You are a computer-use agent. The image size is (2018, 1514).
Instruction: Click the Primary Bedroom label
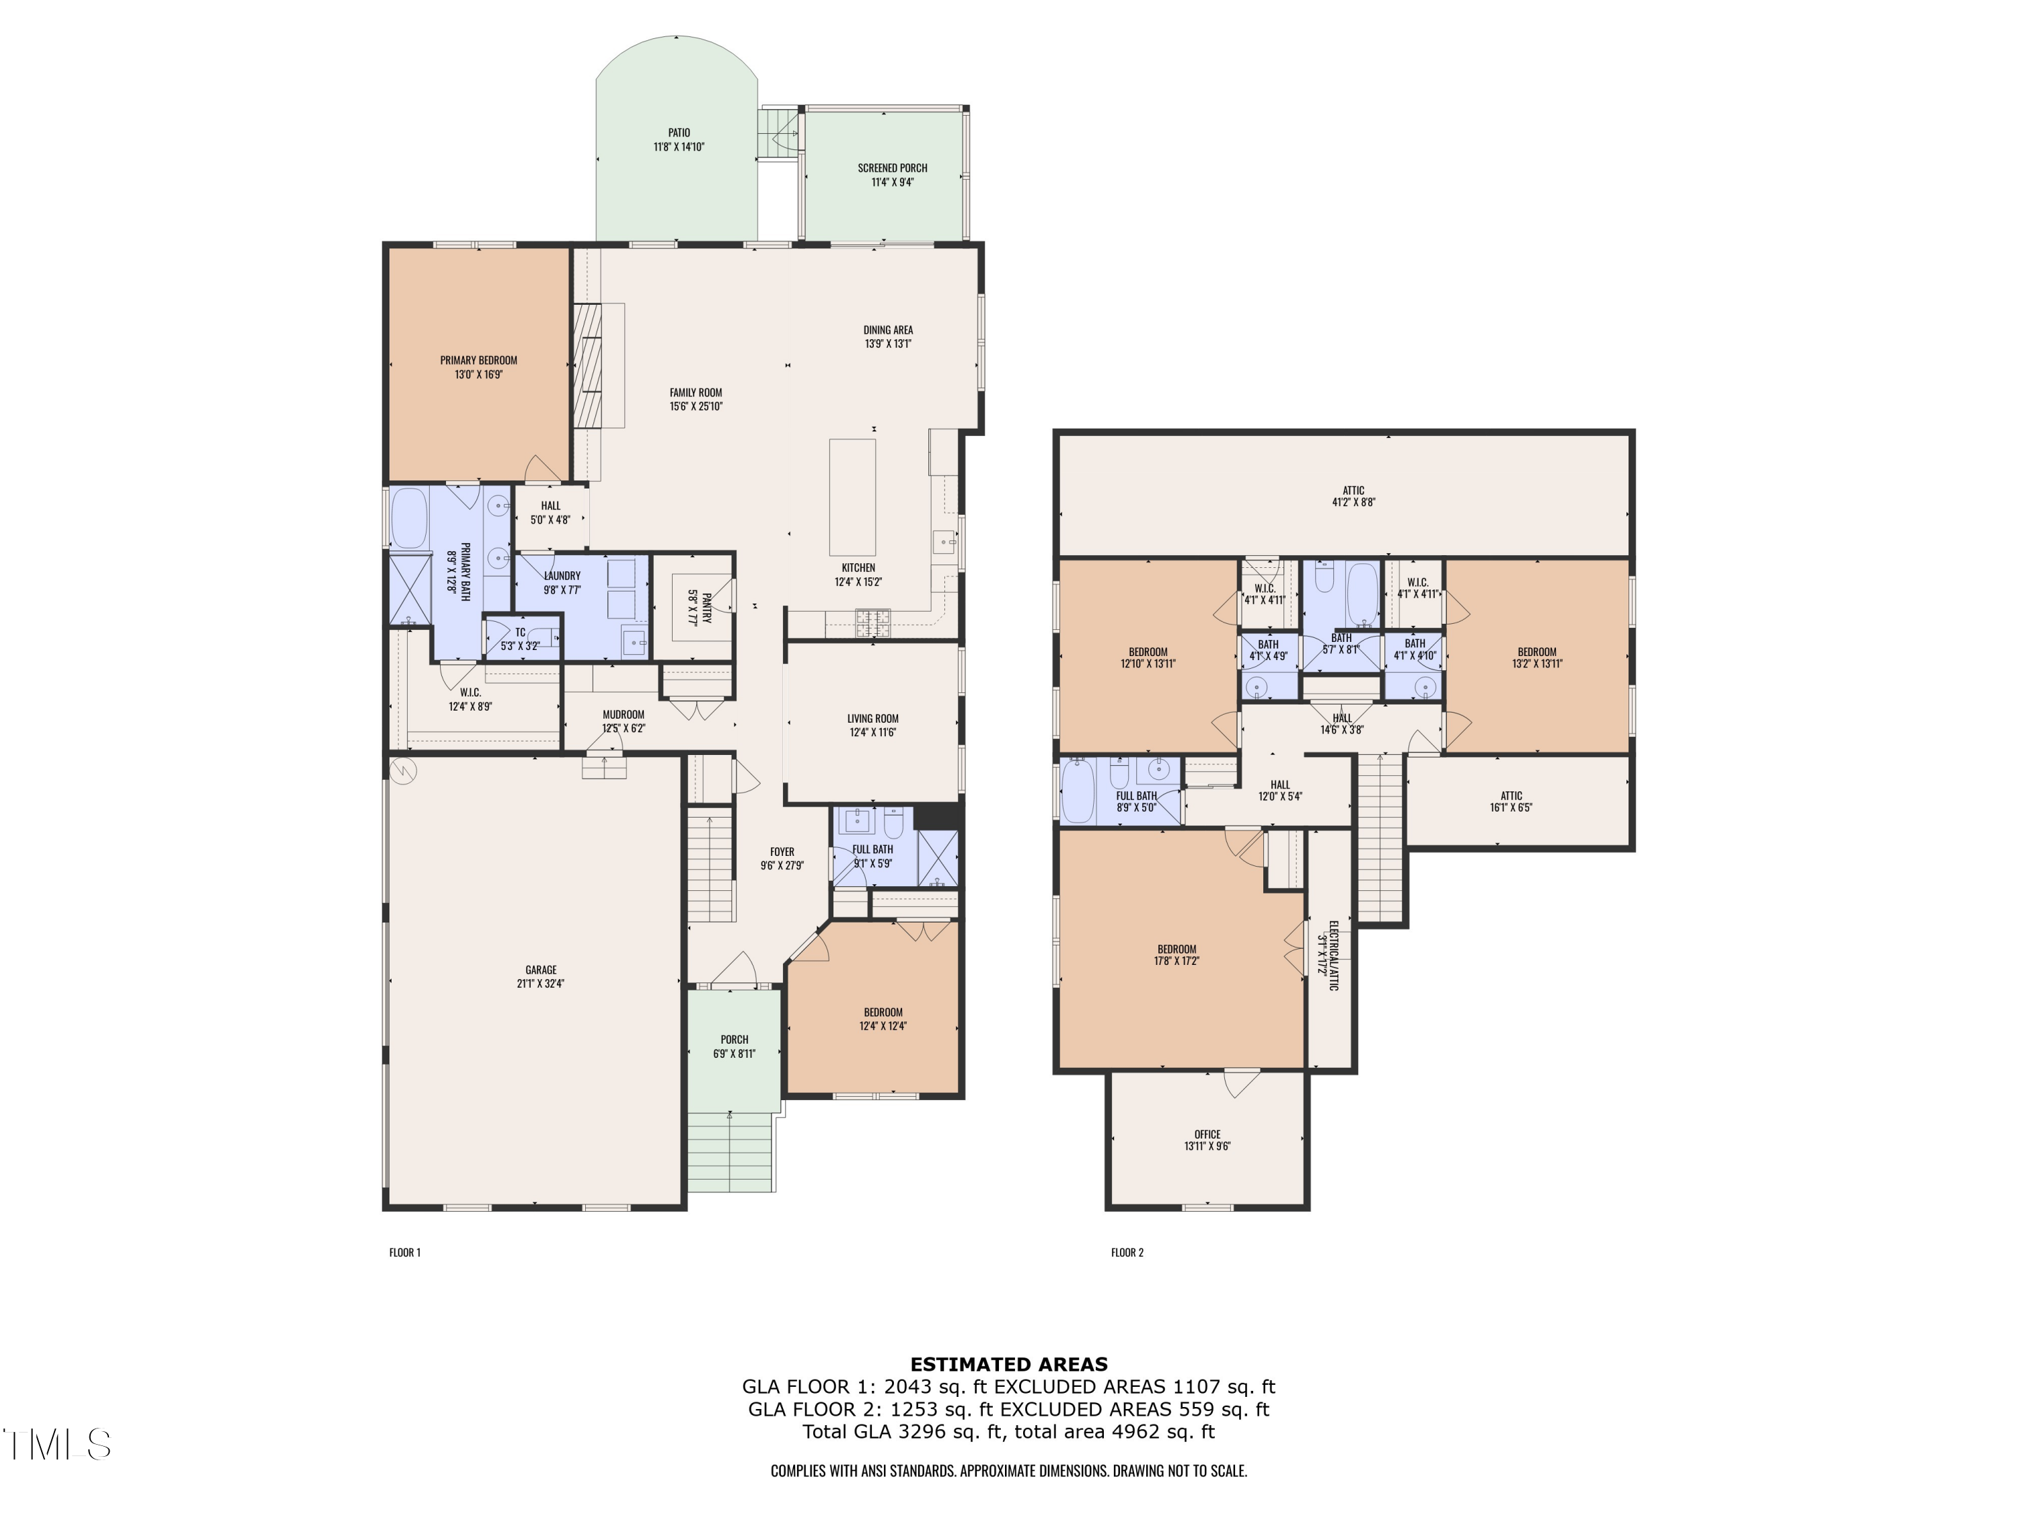(478, 361)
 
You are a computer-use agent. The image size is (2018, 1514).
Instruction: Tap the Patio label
(679, 133)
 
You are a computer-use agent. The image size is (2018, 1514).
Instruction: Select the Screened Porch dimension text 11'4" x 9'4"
(892, 182)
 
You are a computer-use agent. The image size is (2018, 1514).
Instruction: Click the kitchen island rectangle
(852, 497)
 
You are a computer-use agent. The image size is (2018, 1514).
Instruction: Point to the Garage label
(541, 970)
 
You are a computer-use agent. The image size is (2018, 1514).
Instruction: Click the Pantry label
(706, 607)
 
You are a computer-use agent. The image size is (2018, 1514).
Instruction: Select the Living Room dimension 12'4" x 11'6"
(873, 732)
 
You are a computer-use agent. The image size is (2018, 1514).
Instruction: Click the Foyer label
(782, 851)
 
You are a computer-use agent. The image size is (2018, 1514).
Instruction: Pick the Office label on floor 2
(1207, 1134)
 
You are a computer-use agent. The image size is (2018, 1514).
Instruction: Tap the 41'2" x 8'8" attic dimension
(1353, 502)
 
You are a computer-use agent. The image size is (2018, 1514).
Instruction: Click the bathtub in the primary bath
(409, 517)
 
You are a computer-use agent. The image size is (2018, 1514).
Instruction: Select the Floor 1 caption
(405, 1252)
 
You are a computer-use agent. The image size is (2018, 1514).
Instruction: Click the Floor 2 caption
(1127, 1252)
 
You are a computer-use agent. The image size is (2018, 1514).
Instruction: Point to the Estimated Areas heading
(1009, 1365)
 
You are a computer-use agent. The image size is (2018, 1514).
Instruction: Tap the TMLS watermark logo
(57, 1444)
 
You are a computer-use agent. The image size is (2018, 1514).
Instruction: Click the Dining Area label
(889, 330)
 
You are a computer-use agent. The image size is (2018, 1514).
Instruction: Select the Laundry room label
(562, 576)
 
